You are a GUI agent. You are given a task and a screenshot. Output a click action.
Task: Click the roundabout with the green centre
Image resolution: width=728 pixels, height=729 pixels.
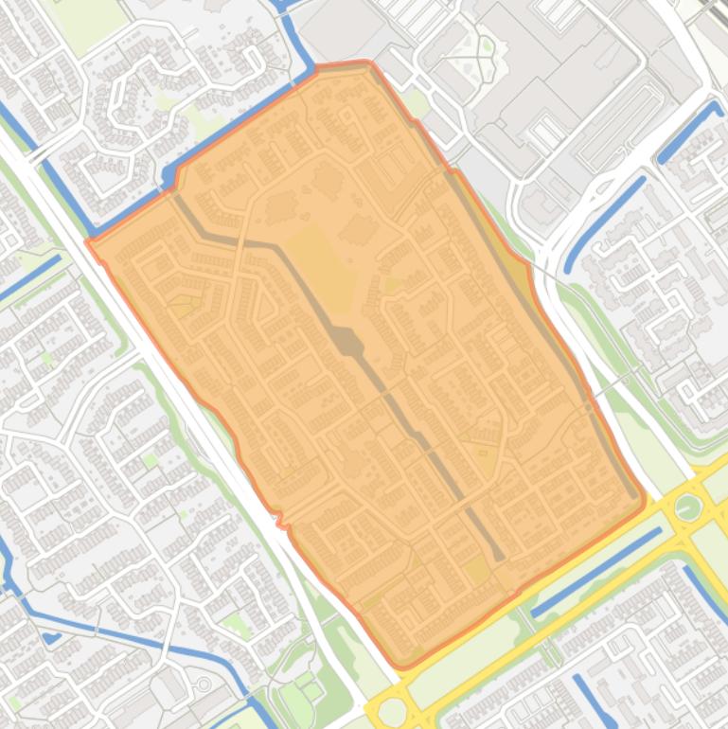[x=688, y=508]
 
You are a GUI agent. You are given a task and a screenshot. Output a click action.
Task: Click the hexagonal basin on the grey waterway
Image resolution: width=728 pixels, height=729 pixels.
[x=347, y=342]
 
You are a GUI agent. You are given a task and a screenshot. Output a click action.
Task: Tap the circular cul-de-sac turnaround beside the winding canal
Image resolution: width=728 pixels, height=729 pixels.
[x=204, y=683]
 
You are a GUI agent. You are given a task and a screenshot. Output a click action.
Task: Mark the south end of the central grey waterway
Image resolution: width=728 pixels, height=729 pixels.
[x=498, y=556]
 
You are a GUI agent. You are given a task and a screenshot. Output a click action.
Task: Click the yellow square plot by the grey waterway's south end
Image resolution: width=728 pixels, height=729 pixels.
[x=476, y=570]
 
